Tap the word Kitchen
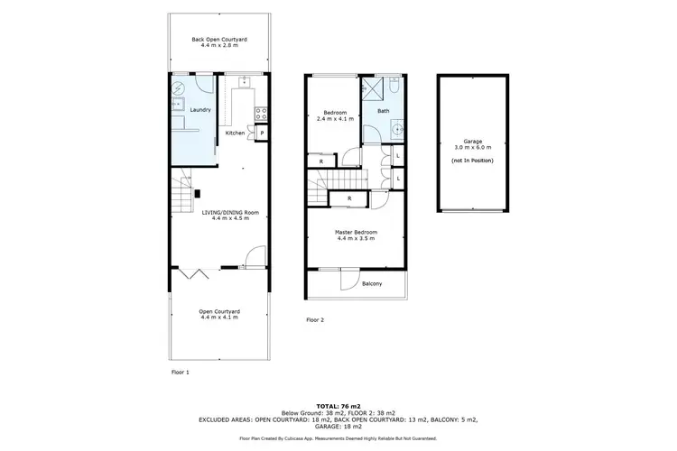coord(235,133)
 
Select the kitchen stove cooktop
coord(262,114)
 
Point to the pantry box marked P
coord(262,133)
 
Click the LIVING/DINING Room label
coord(235,212)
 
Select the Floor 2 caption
coord(314,320)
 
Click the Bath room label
coord(383,110)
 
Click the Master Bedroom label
coord(356,233)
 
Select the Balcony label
coord(372,283)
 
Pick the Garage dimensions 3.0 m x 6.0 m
coord(471,147)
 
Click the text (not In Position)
coord(471,160)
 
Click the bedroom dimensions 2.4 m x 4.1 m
coord(333,118)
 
